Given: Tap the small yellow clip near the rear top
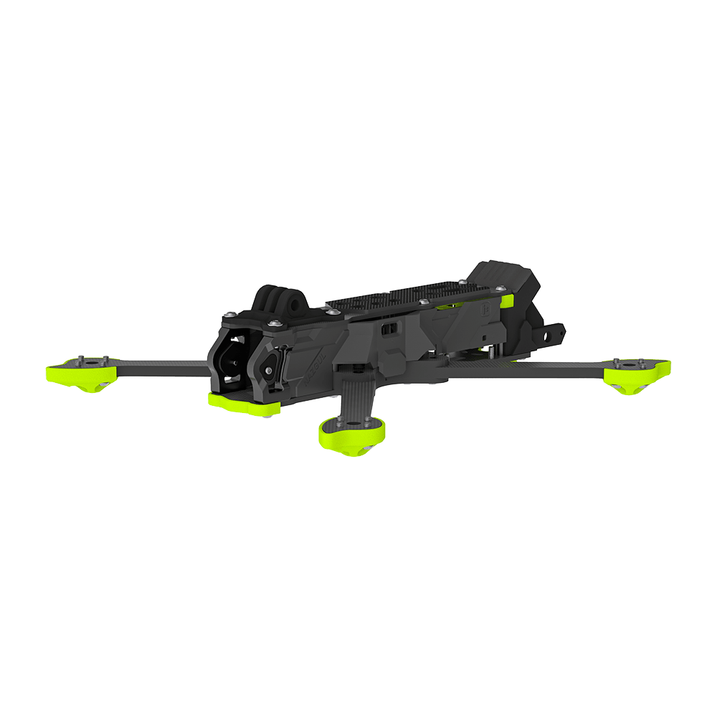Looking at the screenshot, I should [x=508, y=300].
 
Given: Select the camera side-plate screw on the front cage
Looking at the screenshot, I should [x=268, y=370].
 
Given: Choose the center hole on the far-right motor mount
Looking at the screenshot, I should [x=630, y=364].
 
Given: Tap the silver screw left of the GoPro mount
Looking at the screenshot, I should [x=229, y=313].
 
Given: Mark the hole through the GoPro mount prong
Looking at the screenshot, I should [x=293, y=305].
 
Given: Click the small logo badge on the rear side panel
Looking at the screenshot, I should [x=484, y=310].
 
